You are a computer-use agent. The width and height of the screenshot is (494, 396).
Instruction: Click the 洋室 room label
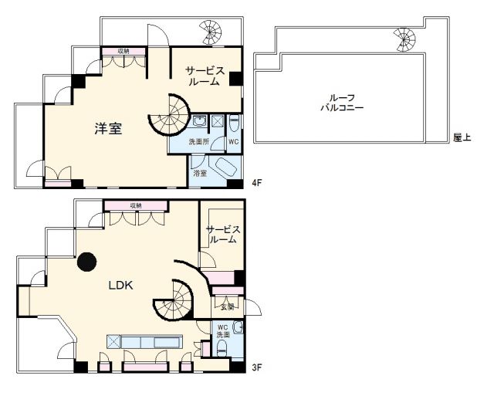[108, 129]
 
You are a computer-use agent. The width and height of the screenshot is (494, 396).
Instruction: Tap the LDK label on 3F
[120, 286]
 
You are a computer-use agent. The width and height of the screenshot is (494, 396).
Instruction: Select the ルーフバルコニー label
[342, 103]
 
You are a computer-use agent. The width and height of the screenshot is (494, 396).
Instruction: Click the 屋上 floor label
[462, 137]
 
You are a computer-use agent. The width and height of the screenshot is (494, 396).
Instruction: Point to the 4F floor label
[257, 183]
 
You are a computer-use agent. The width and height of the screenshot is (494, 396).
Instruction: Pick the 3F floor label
[257, 367]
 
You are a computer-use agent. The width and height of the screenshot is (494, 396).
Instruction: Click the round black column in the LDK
[87, 262]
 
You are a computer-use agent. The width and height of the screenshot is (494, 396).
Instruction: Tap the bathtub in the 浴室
[222, 167]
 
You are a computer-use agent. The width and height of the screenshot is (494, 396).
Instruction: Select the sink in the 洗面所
[199, 121]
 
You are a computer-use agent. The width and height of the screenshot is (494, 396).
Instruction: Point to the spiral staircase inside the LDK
[174, 300]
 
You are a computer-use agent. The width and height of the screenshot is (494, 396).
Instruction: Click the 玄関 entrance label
[227, 307]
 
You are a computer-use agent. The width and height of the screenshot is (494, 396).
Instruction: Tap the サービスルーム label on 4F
[205, 76]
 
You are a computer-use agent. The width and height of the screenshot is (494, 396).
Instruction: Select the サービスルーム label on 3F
[223, 234]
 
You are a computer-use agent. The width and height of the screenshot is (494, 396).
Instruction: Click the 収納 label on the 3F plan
[136, 205]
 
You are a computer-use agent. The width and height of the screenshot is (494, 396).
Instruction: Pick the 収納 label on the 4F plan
[123, 51]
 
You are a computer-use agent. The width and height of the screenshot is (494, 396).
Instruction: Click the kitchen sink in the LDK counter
[167, 341]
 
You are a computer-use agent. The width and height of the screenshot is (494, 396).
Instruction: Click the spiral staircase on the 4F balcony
[211, 32]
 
